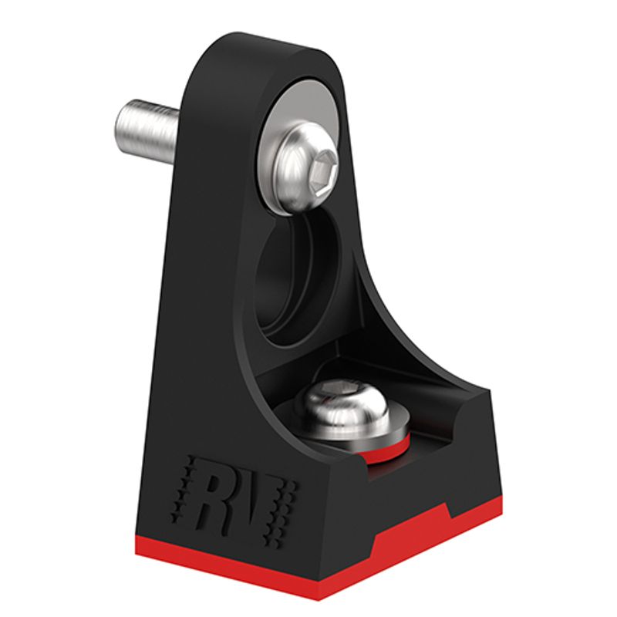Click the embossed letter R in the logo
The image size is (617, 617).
217,497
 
